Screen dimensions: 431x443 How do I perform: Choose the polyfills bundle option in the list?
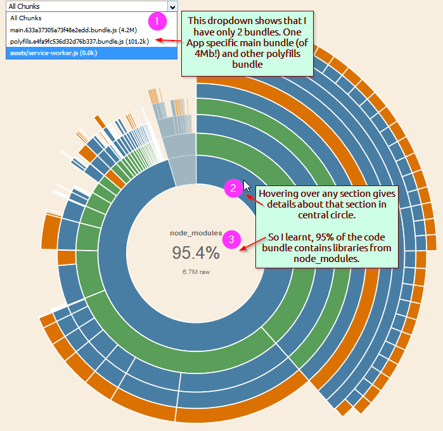[79, 42]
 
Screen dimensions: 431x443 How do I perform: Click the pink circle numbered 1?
[157, 22]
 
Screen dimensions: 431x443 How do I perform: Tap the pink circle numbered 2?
[233, 187]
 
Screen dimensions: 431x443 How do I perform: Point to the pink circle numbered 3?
[233, 239]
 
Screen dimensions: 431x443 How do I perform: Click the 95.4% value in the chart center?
[196, 253]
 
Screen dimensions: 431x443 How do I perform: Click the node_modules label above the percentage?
[196, 234]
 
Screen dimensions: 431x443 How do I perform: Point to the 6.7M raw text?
[196, 272]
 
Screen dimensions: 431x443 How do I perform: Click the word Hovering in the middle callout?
[279, 192]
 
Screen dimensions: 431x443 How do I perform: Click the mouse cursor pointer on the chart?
[247, 188]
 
